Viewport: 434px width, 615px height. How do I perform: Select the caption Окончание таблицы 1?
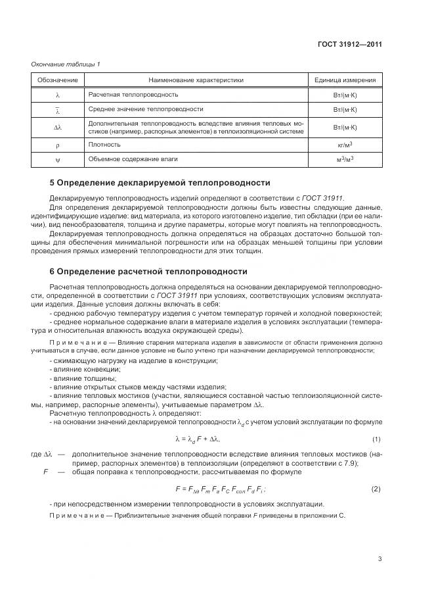click(x=66, y=64)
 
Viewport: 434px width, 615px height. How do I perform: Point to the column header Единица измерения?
click(x=345, y=80)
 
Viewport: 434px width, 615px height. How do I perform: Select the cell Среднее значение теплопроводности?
click(x=145, y=109)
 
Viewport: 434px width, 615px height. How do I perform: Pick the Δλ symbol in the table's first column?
click(x=57, y=127)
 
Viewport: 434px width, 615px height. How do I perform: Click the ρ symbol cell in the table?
click(x=57, y=144)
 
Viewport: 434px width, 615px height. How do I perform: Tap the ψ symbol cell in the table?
click(x=57, y=159)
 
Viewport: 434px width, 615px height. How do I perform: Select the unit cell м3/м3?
click(x=345, y=159)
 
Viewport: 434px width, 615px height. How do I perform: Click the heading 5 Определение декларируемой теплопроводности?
click(x=160, y=182)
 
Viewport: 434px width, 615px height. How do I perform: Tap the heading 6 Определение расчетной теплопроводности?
click(x=148, y=271)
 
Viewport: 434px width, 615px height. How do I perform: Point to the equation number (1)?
click(x=376, y=439)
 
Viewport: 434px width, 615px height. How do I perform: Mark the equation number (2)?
click(x=376, y=489)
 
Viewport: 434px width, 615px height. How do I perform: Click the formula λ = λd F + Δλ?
click(x=198, y=439)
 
